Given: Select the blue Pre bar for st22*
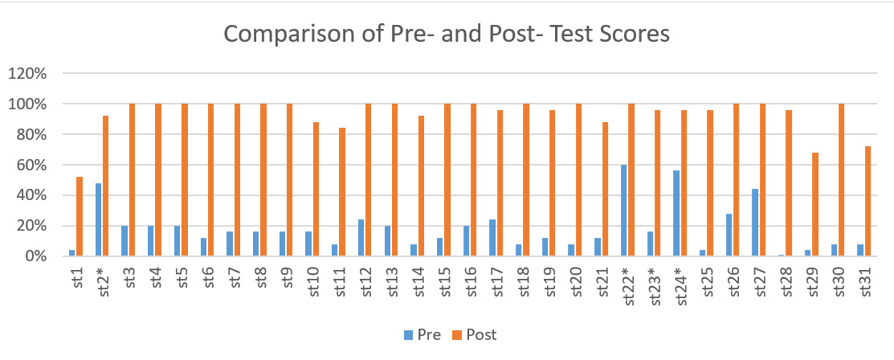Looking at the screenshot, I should pos(624,211).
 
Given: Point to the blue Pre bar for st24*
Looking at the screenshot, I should pos(676,213).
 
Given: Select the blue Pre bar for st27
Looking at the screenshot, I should pos(756,223).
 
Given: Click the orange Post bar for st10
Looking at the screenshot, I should pos(316,189).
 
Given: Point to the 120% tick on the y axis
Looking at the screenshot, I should pos(29,74).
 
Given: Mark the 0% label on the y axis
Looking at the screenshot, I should pos(36,256).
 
